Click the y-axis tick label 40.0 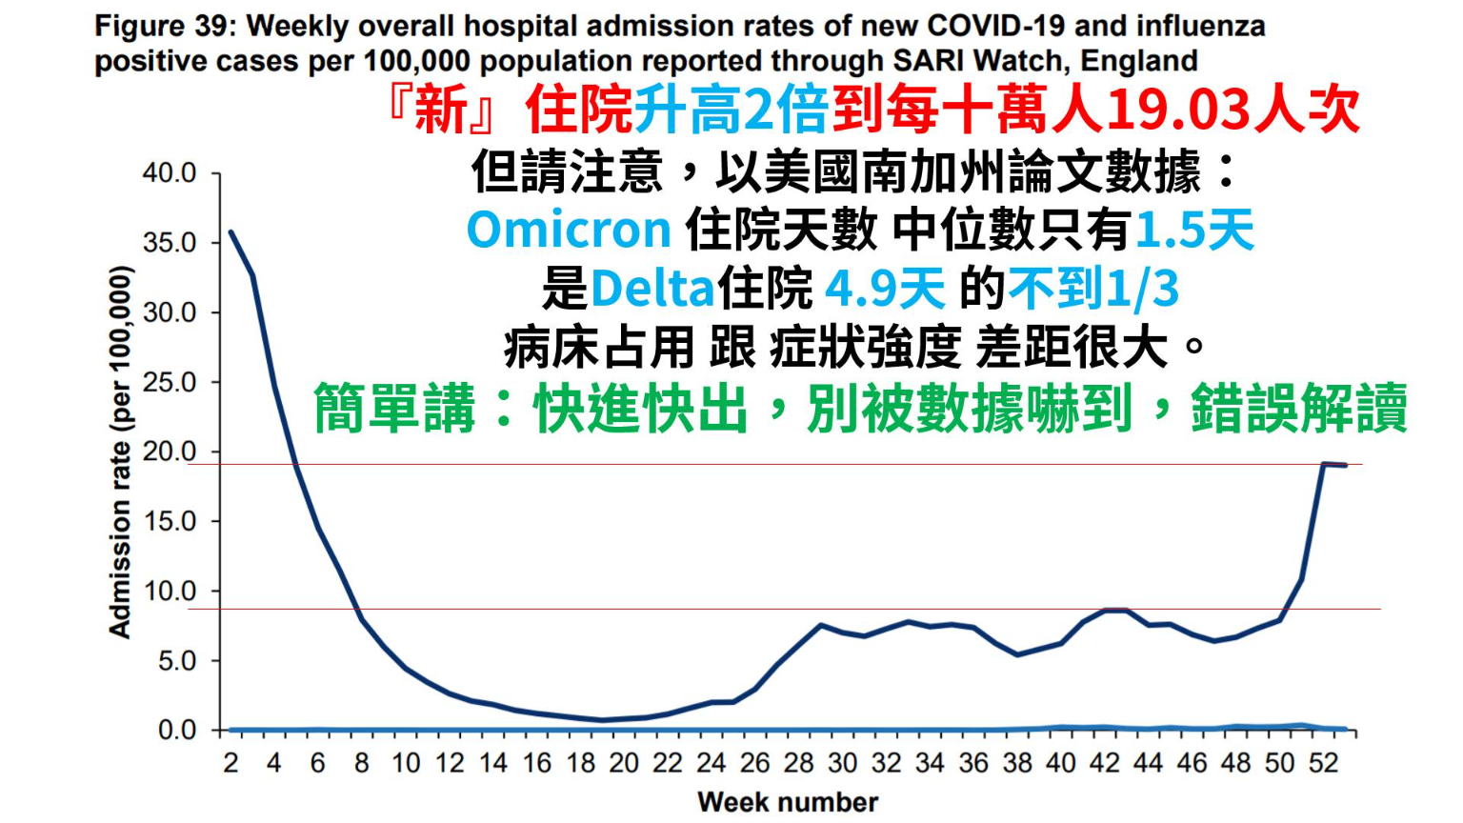coord(169,173)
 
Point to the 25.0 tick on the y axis coord(169,383)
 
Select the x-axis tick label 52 coord(1324,763)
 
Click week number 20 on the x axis coord(624,763)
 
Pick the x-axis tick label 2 coord(230,763)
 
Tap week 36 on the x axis coord(973,763)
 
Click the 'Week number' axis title coord(788,802)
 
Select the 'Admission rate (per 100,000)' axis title coord(119,452)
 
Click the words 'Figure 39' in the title coord(163,26)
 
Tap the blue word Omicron coord(569,230)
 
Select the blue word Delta coord(652,288)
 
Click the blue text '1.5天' coord(1194,230)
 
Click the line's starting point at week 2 coord(230,231)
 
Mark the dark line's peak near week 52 coord(1324,464)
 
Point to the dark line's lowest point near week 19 coord(602,720)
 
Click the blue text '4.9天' coord(884,288)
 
